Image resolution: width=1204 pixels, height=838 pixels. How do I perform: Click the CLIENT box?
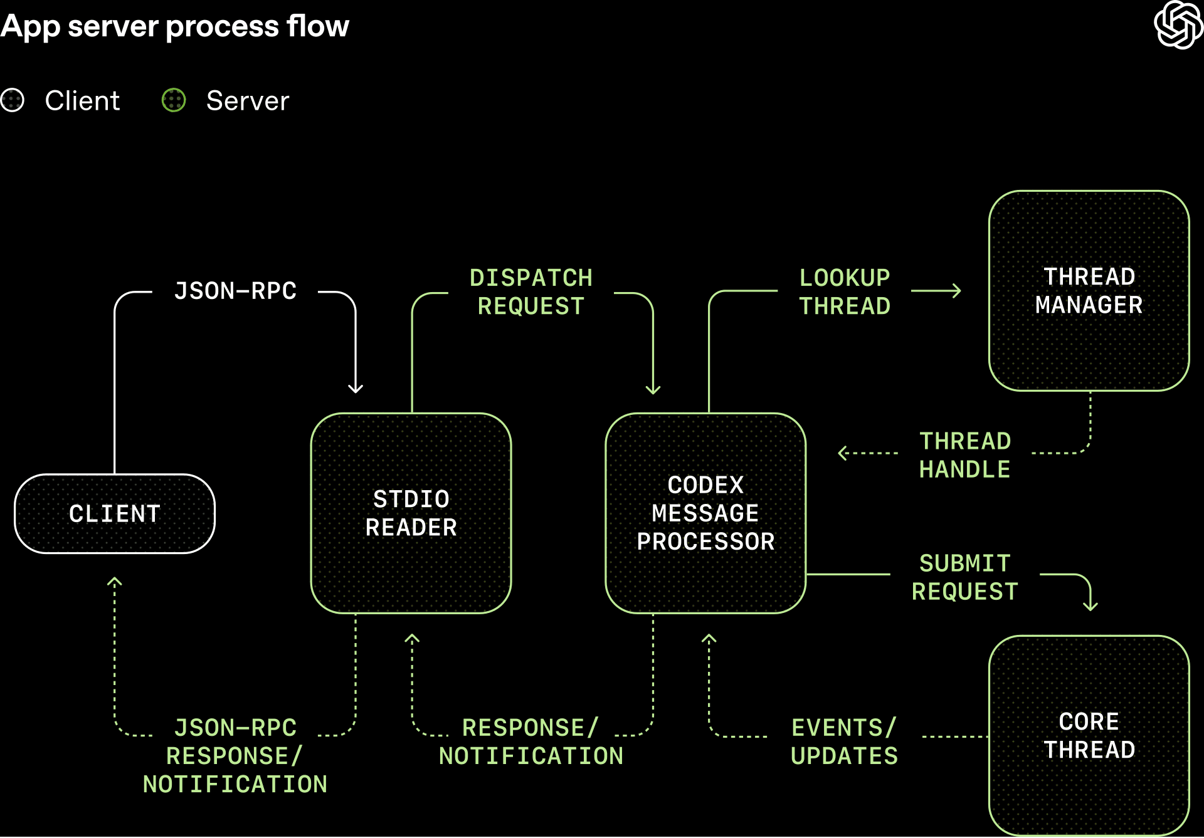[x=115, y=514]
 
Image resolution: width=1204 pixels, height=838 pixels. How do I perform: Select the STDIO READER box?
[x=411, y=513]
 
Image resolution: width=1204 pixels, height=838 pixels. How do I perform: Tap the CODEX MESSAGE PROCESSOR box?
[x=705, y=513]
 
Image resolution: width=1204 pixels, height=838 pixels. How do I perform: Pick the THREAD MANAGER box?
[x=1089, y=291]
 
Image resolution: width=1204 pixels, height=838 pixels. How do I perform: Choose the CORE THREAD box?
[x=1089, y=735]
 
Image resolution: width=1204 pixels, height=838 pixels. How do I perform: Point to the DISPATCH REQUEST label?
[x=531, y=292]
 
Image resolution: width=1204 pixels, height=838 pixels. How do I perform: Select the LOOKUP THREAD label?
[x=844, y=292]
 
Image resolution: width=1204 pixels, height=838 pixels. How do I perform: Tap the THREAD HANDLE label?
[x=964, y=455]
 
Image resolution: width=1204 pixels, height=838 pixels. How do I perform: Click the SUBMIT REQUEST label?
[x=964, y=577]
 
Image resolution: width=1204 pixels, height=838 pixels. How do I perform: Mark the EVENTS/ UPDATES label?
[x=844, y=741]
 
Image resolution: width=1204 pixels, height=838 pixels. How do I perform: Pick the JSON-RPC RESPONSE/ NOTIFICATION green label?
[x=235, y=756]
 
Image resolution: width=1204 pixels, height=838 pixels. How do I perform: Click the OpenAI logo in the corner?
[x=1178, y=25]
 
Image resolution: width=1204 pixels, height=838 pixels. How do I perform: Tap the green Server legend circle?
[x=174, y=100]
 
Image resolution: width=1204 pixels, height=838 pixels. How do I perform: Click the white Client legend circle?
[x=13, y=100]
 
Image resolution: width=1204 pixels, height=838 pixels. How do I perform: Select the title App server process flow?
[x=174, y=26]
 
